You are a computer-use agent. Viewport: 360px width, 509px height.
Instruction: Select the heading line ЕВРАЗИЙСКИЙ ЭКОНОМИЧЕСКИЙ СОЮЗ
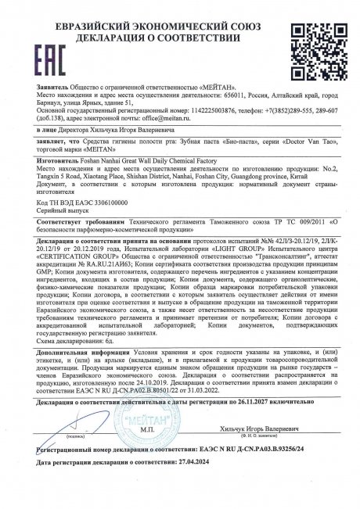(x=179, y=9)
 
